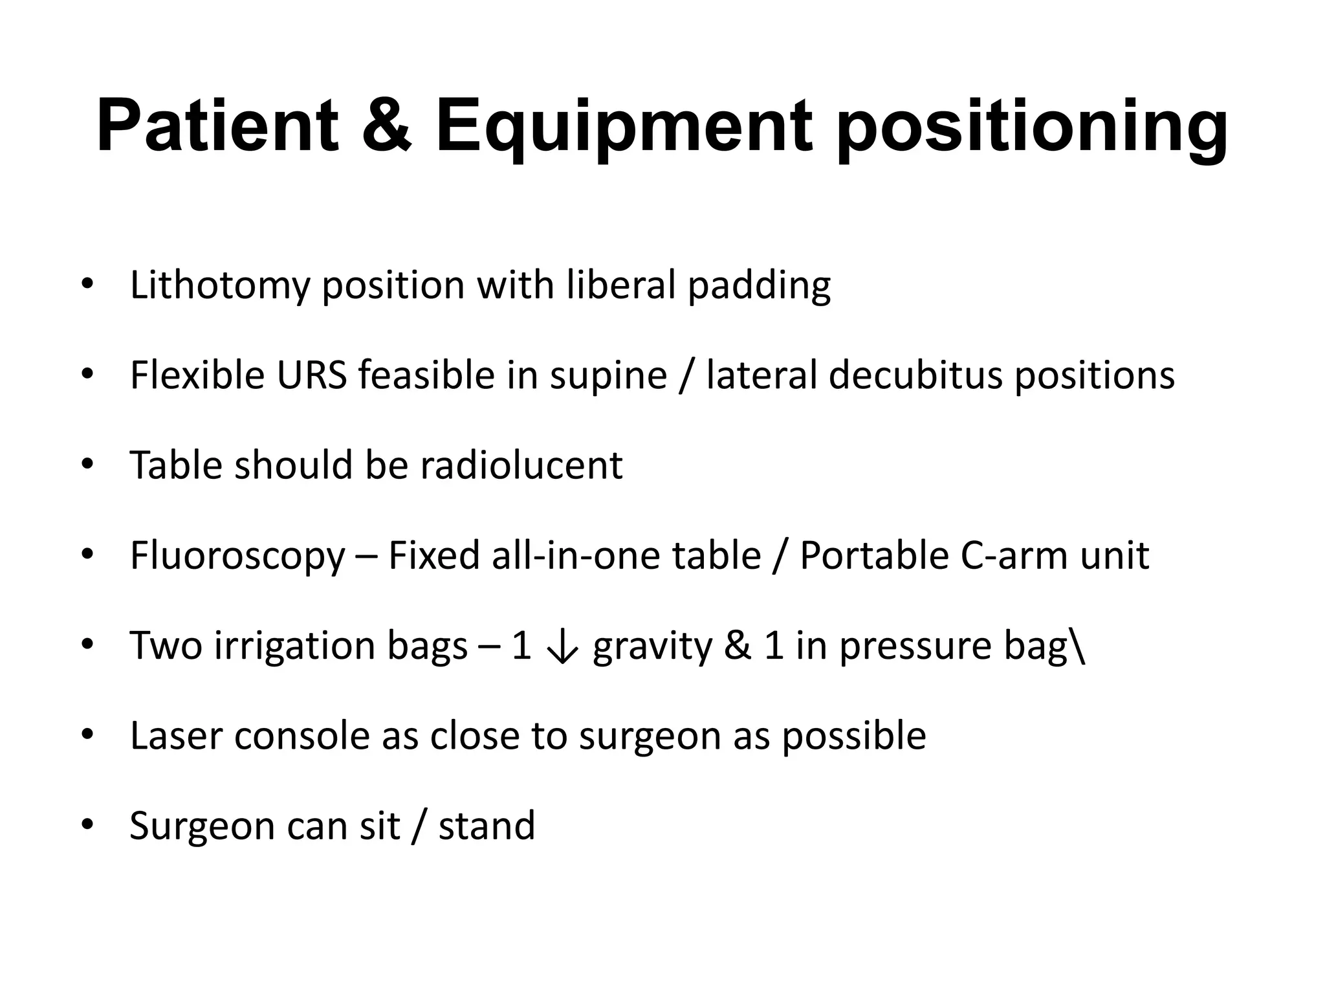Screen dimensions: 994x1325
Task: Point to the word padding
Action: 759,286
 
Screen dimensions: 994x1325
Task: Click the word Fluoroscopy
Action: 237,557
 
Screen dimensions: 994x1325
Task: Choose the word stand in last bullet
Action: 487,826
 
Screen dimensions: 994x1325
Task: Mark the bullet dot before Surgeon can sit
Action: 87,826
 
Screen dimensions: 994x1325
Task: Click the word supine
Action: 608,376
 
